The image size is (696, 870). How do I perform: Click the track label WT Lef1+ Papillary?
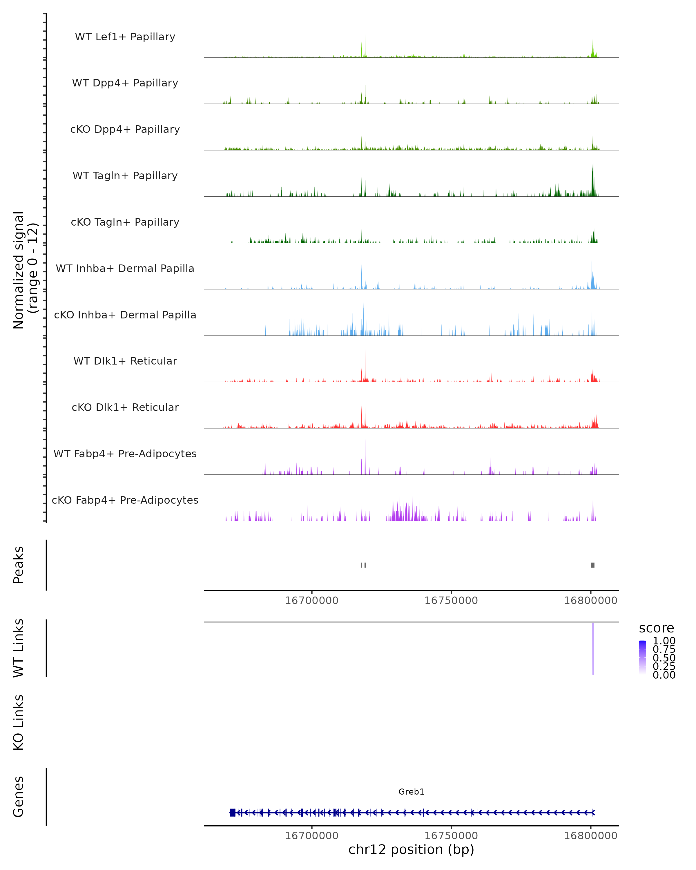125,37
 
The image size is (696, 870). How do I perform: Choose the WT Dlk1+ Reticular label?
125,361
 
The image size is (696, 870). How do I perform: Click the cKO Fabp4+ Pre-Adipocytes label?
125,500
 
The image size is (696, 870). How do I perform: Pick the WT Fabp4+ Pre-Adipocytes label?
125,454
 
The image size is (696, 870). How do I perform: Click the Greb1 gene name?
411,792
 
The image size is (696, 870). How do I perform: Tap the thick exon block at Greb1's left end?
232,813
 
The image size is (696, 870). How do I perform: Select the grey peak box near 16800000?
593,565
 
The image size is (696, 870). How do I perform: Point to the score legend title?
657,628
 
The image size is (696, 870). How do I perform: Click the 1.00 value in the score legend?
664,641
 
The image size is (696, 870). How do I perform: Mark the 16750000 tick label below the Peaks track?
451,601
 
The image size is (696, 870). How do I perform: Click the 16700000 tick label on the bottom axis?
311,836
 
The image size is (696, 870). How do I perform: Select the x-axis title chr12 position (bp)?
411,850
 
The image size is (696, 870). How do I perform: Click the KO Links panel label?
19,722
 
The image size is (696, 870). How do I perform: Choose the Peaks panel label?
19,565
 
